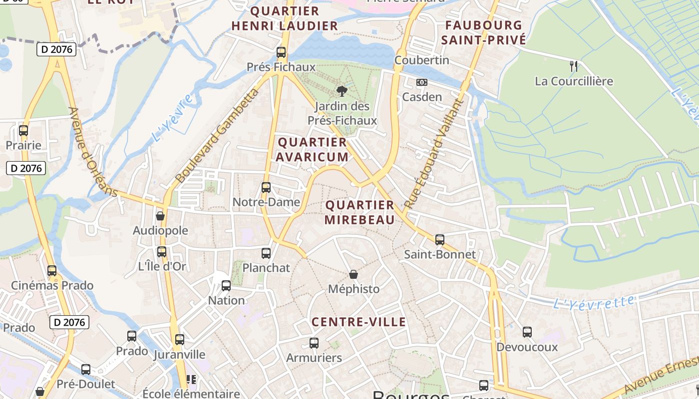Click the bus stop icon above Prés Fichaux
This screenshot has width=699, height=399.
[281, 52]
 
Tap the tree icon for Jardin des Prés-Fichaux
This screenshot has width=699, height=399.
[342, 91]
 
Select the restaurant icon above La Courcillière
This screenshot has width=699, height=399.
[574, 65]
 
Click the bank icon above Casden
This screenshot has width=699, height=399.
[422, 82]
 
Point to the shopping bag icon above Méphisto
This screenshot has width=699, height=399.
[353, 274]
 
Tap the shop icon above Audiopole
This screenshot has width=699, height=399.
[160, 215]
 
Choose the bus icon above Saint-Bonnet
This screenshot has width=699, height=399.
[440, 239]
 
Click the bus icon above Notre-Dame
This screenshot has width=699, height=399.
[266, 187]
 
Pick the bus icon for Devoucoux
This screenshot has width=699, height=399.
[527, 332]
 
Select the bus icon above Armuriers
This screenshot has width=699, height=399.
[314, 343]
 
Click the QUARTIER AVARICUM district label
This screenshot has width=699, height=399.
[312, 150]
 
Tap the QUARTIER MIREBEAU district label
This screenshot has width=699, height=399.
[359, 212]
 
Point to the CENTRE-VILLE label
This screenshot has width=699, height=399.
[359, 322]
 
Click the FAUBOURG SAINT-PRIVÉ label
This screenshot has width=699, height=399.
[484, 32]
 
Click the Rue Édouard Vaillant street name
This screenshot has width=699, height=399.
[433, 154]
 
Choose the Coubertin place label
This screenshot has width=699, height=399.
[422, 60]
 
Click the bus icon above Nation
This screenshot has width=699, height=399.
[226, 285]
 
